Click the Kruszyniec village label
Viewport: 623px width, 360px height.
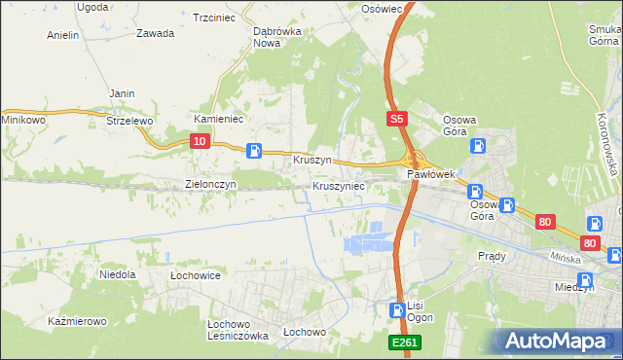coord(339,185)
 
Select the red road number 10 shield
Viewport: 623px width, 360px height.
coord(200,142)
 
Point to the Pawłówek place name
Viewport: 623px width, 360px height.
coord(431,174)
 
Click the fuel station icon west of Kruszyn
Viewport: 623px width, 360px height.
coord(254,150)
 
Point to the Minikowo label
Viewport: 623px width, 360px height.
coord(24,119)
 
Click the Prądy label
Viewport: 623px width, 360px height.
coord(492,256)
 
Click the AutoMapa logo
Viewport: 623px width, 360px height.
coord(559,342)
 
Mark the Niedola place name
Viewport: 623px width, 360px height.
coord(117,275)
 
